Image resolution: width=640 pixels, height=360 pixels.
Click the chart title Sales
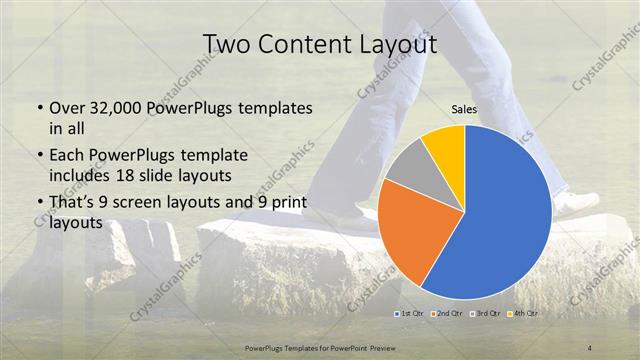[x=464, y=109]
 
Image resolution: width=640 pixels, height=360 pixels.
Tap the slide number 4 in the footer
[x=591, y=347]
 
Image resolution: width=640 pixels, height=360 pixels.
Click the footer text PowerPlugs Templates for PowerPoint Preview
[x=319, y=347]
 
